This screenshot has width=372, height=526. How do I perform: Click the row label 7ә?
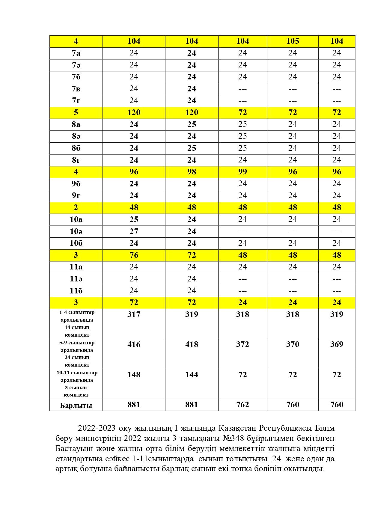pyautogui.click(x=76, y=65)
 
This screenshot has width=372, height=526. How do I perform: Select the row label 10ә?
pyautogui.click(x=76, y=231)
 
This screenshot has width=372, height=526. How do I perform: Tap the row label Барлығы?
pyautogui.click(x=76, y=405)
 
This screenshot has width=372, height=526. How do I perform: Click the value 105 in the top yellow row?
pyautogui.click(x=292, y=41)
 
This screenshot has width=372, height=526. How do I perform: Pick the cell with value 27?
pyautogui.click(x=134, y=231)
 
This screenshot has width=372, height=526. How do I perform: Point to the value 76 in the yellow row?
pyautogui.click(x=134, y=255)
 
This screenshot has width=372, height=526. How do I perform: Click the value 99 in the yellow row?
pyautogui.click(x=243, y=172)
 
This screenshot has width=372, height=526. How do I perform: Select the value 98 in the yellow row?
pyautogui.click(x=192, y=172)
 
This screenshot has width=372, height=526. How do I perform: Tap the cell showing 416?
pyautogui.click(x=134, y=344)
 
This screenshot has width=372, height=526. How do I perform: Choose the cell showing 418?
pyautogui.click(x=192, y=344)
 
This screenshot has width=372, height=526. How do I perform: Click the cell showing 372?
pyautogui.click(x=243, y=344)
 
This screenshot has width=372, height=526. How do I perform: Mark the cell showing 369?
pyautogui.click(x=337, y=344)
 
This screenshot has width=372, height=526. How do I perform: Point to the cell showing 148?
pyautogui.click(x=134, y=375)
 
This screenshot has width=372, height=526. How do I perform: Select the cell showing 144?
pyautogui.click(x=192, y=375)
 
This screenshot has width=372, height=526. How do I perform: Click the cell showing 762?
pyautogui.click(x=243, y=405)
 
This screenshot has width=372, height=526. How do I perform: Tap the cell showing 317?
pyautogui.click(x=134, y=314)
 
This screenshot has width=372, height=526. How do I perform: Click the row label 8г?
pyautogui.click(x=76, y=160)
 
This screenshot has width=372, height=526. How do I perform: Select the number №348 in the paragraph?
pyautogui.click(x=233, y=438)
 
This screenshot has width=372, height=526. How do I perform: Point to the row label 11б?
pyautogui.click(x=76, y=291)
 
